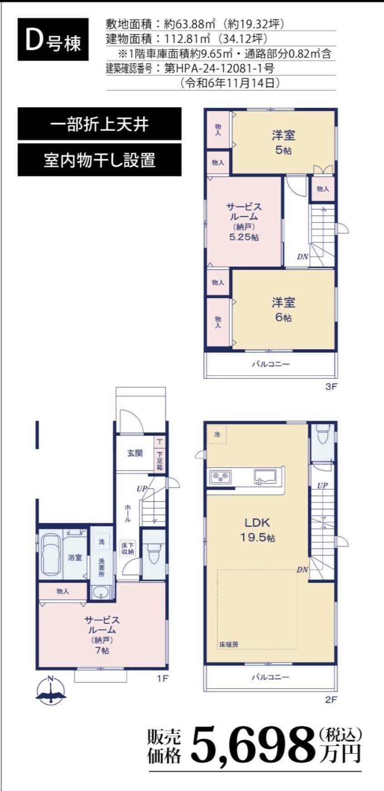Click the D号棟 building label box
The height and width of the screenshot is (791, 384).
(53, 40)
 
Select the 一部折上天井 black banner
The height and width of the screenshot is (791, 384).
(99, 124)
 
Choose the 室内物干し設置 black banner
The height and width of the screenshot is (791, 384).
(99, 160)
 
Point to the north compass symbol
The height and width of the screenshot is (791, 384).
(51, 691)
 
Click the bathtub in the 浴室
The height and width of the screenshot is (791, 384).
(50, 554)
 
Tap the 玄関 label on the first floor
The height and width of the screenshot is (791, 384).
(135, 453)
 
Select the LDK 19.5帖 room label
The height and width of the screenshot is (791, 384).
(257, 529)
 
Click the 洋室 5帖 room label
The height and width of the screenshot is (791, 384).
(283, 142)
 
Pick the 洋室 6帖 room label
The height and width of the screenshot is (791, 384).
(283, 309)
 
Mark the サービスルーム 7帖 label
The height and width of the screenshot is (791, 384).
(102, 635)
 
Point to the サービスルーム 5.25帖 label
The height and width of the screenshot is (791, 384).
(244, 222)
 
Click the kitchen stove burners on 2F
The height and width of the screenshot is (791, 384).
(221, 476)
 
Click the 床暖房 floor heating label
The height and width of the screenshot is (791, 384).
(229, 644)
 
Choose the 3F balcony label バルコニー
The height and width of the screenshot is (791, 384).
(271, 364)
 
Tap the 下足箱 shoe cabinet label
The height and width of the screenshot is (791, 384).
(160, 460)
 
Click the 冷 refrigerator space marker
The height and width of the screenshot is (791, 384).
(217, 435)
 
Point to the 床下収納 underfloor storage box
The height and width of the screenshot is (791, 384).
(128, 549)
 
